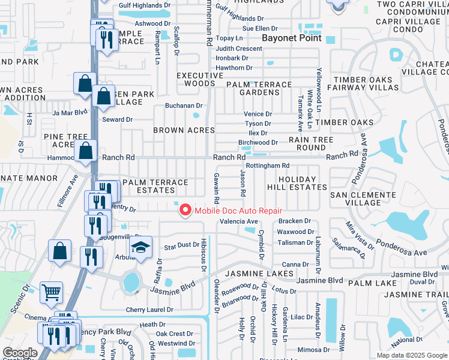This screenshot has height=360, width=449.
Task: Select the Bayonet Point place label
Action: pyautogui.click(x=292, y=38)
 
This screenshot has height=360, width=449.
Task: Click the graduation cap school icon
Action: pyautogui.click(x=140, y=248)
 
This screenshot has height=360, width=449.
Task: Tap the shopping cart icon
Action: pyautogui.click(x=52, y=293)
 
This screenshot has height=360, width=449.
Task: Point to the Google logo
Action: pyautogui.click(x=20, y=353)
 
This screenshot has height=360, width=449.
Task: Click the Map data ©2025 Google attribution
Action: pyautogui.click(x=411, y=355)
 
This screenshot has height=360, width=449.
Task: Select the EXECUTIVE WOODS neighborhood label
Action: pyautogui.click(x=195, y=80)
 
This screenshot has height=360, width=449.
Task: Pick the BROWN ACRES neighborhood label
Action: pyautogui.click(x=184, y=130)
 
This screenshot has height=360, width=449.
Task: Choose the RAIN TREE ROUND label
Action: pyautogui.click(x=311, y=143)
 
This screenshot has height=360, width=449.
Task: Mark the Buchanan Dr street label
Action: pyautogui.click(x=184, y=106)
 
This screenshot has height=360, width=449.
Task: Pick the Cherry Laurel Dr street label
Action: pyautogui.click(x=149, y=310)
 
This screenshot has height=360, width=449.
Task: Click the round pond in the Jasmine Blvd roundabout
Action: pyautogui.click(x=130, y=281)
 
